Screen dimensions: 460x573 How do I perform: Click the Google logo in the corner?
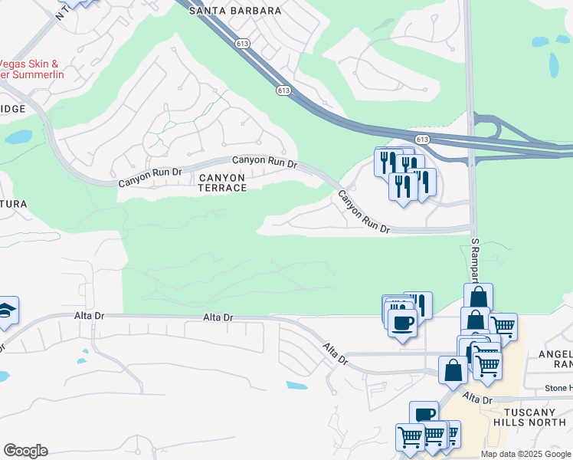tap(25, 451)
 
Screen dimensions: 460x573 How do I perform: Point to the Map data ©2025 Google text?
tap(526, 454)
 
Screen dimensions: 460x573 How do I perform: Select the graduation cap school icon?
tap(6, 310)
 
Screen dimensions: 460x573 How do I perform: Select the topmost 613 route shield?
tap(243, 44)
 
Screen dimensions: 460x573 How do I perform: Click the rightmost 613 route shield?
tap(422, 139)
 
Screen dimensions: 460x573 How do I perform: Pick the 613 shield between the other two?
tap(283, 90)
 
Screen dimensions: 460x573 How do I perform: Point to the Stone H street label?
tap(559, 388)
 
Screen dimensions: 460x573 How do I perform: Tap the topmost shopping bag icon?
tap(478, 296)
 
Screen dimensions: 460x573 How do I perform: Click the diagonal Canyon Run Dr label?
tap(365, 214)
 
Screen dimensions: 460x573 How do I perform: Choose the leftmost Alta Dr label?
tap(89, 316)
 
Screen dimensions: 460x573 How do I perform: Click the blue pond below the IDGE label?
tap(18, 137)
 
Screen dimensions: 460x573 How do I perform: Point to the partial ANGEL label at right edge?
tap(558, 353)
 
